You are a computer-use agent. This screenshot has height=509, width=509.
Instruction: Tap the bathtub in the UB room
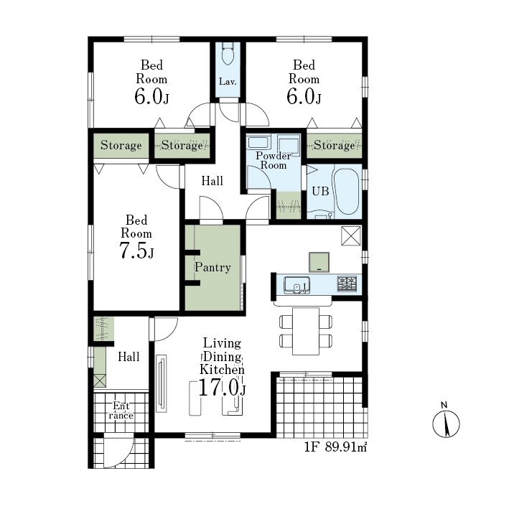[347, 192]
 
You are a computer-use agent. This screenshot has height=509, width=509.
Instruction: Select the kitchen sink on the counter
[296, 285]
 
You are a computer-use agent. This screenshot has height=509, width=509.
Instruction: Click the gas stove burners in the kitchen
[347, 284]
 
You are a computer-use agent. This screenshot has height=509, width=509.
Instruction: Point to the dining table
[306, 331]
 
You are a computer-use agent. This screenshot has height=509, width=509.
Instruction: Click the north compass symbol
[446, 422]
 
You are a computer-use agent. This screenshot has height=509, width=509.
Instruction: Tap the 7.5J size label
[136, 251]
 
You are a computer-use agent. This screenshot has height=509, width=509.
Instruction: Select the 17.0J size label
[222, 388]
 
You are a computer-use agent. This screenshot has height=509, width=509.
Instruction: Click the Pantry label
[213, 267]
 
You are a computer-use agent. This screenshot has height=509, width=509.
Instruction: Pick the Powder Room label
[274, 160]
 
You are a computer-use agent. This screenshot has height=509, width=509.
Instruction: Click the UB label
[320, 191]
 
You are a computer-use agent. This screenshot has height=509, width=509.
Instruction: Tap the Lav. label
[228, 81]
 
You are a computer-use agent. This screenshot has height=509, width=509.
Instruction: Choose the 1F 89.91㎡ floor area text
[336, 447]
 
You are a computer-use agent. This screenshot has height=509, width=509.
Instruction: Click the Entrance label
[121, 411]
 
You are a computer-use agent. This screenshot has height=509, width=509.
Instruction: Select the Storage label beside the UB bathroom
[335, 145]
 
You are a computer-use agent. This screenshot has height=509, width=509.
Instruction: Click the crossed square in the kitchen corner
[351, 235]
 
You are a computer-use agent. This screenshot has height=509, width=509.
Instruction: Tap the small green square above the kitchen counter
[319, 262]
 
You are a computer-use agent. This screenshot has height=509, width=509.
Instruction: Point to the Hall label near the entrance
[129, 357]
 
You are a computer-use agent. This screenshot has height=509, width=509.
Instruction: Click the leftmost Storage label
[121, 145]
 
